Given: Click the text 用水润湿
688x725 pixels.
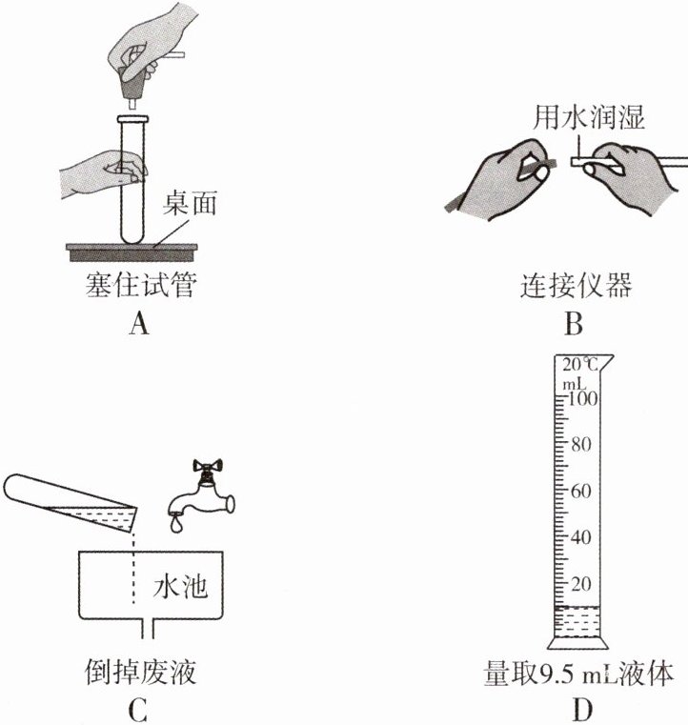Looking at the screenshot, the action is pos(589,119).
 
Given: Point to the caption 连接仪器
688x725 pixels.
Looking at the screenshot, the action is pos(575,285).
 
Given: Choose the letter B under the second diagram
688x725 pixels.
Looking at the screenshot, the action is pos(573,325).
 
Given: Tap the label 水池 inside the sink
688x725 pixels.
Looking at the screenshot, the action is pos(188,588).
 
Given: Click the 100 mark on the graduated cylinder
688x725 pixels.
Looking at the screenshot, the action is pos(581,399).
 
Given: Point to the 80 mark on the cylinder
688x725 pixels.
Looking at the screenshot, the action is pos(583,445).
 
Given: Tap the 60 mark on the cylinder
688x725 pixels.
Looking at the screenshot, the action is pos(583,492).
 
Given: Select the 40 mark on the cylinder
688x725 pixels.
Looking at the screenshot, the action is pos(583,537).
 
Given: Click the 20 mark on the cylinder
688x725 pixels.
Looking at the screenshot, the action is pos(583,583).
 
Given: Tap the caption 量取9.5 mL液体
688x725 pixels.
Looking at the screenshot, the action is pos(578,674).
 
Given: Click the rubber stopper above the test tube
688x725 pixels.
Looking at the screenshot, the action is pos(133,86).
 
